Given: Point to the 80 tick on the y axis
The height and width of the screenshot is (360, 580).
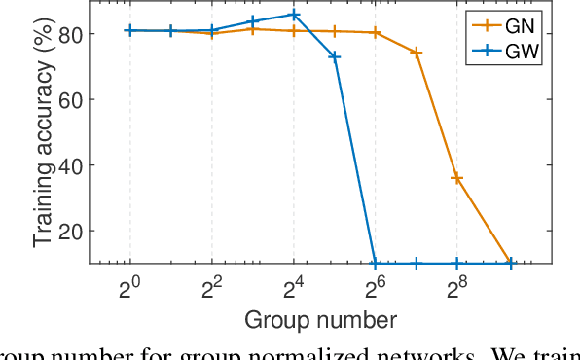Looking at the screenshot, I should pyautogui.click(x=71, y=33).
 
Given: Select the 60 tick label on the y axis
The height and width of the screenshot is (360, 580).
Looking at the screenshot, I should pyautogui.click(x=71, y=99).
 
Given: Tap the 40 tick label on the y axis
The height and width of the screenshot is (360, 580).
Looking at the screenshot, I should pyautogui.click(x=71, y=164).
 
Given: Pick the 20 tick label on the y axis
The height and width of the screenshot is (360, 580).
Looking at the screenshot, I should pyautogui.click(x=71, y=231).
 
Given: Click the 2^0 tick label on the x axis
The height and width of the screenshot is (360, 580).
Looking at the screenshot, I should pyautogui.click(x=129, y=288).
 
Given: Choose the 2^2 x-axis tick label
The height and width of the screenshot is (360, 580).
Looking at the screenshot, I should pyautogui.click(x=211, y=288).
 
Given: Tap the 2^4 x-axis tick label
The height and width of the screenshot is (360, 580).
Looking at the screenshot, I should pyautogui.click(x=293, y=288).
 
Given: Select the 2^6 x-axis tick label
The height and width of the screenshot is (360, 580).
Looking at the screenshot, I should pyautogui.click(x=375, y=288).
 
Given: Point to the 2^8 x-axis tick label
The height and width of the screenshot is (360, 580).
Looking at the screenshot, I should pyautogui.click(x=456, y=288).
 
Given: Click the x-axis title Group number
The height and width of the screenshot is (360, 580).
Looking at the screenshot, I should pyautogui.click(x=320, y=319).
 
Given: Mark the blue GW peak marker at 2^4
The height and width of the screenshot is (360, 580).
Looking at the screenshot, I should pyautogui.click(x=294, y=15).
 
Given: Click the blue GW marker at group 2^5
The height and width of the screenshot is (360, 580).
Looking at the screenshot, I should pyautogui.click(x=335, y=56).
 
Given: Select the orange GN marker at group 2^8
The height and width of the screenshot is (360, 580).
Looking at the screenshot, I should pyautogui.click(x=457, y=178).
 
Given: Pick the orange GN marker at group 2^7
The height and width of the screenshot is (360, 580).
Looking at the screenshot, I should pyautogui.click(x=417, y=53).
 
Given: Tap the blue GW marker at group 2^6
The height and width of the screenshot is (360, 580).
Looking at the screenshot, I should pyautogui.click(x=376, y=263).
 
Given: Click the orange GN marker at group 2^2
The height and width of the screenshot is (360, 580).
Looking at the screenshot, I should pyautogui.click(x=212, y=33).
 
